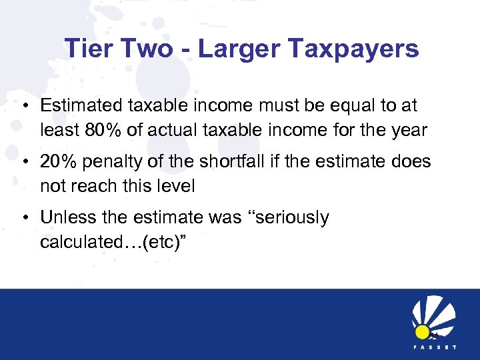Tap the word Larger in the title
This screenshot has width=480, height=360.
[231, 49]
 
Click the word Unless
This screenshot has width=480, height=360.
[66, 217]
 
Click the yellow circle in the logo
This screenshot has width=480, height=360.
[422, 331]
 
